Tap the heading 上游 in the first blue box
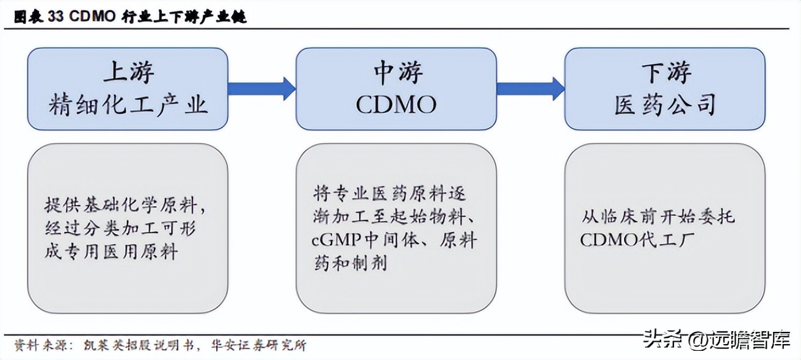pos(128,73)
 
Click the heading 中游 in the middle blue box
pos(397,73)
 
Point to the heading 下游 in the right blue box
pos(665,73)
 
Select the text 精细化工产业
pos(128,105)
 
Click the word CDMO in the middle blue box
pos(396,105)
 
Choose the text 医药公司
pos(665,105)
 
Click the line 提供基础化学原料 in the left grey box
pos(125,205)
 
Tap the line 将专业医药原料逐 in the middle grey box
pos(390,194)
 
